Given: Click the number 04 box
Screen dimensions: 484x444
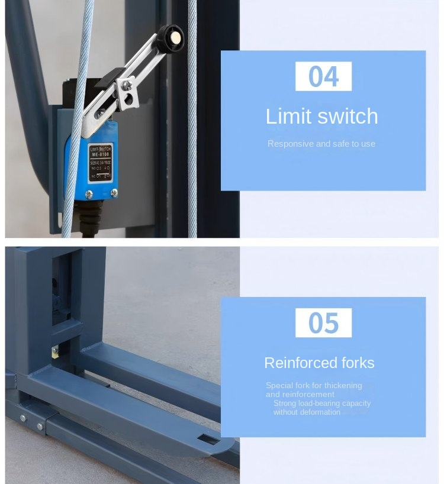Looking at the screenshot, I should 323,76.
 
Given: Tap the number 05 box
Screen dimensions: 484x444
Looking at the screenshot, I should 323,323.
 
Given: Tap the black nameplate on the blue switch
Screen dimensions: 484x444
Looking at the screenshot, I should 99,162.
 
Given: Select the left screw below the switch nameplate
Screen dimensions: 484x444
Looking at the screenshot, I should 89,193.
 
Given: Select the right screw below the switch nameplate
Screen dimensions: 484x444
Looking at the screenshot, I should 114,192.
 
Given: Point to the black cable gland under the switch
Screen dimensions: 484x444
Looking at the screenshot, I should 91,217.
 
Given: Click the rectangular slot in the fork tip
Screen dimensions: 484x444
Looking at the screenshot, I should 208,439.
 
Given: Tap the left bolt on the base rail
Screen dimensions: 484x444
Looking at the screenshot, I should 23,418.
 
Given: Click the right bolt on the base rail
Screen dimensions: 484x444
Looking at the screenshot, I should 40,426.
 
